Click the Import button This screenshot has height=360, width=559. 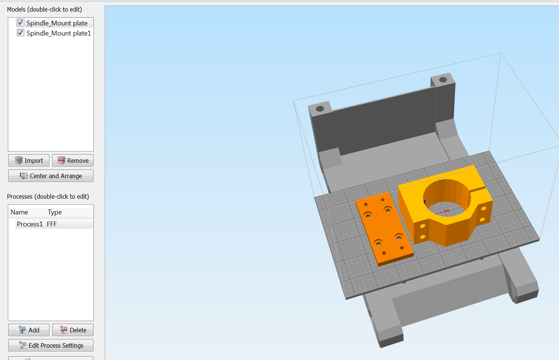tap(29, 161)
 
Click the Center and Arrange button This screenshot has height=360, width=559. tap(51, 176)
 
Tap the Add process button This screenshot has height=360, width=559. tap(29, 330)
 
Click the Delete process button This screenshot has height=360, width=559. tap(73, 330)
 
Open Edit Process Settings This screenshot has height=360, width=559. tap(51, 345)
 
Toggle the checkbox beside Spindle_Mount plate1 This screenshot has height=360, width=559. tap(21, 33)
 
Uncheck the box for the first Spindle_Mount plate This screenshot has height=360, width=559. tap(21, 23)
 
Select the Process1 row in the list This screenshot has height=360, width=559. tap(54, 224)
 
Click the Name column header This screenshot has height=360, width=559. tap(19, 212)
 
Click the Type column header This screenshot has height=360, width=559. tap(55, 212)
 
